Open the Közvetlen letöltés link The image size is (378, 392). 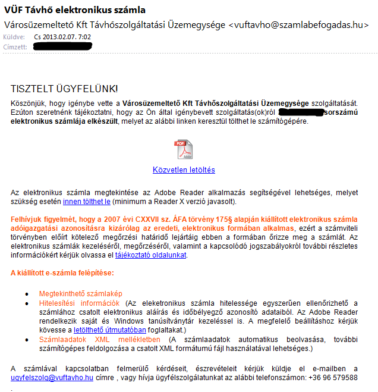184,170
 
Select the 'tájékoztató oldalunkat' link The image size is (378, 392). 150,255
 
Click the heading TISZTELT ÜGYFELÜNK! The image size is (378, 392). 64,89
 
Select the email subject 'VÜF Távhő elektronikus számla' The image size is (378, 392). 74,10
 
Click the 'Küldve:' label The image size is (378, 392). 14,37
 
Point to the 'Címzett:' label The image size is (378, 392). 15,46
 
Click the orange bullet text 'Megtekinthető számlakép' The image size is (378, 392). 80,294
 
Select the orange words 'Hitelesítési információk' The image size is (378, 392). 79,303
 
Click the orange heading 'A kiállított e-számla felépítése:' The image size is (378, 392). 62,273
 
